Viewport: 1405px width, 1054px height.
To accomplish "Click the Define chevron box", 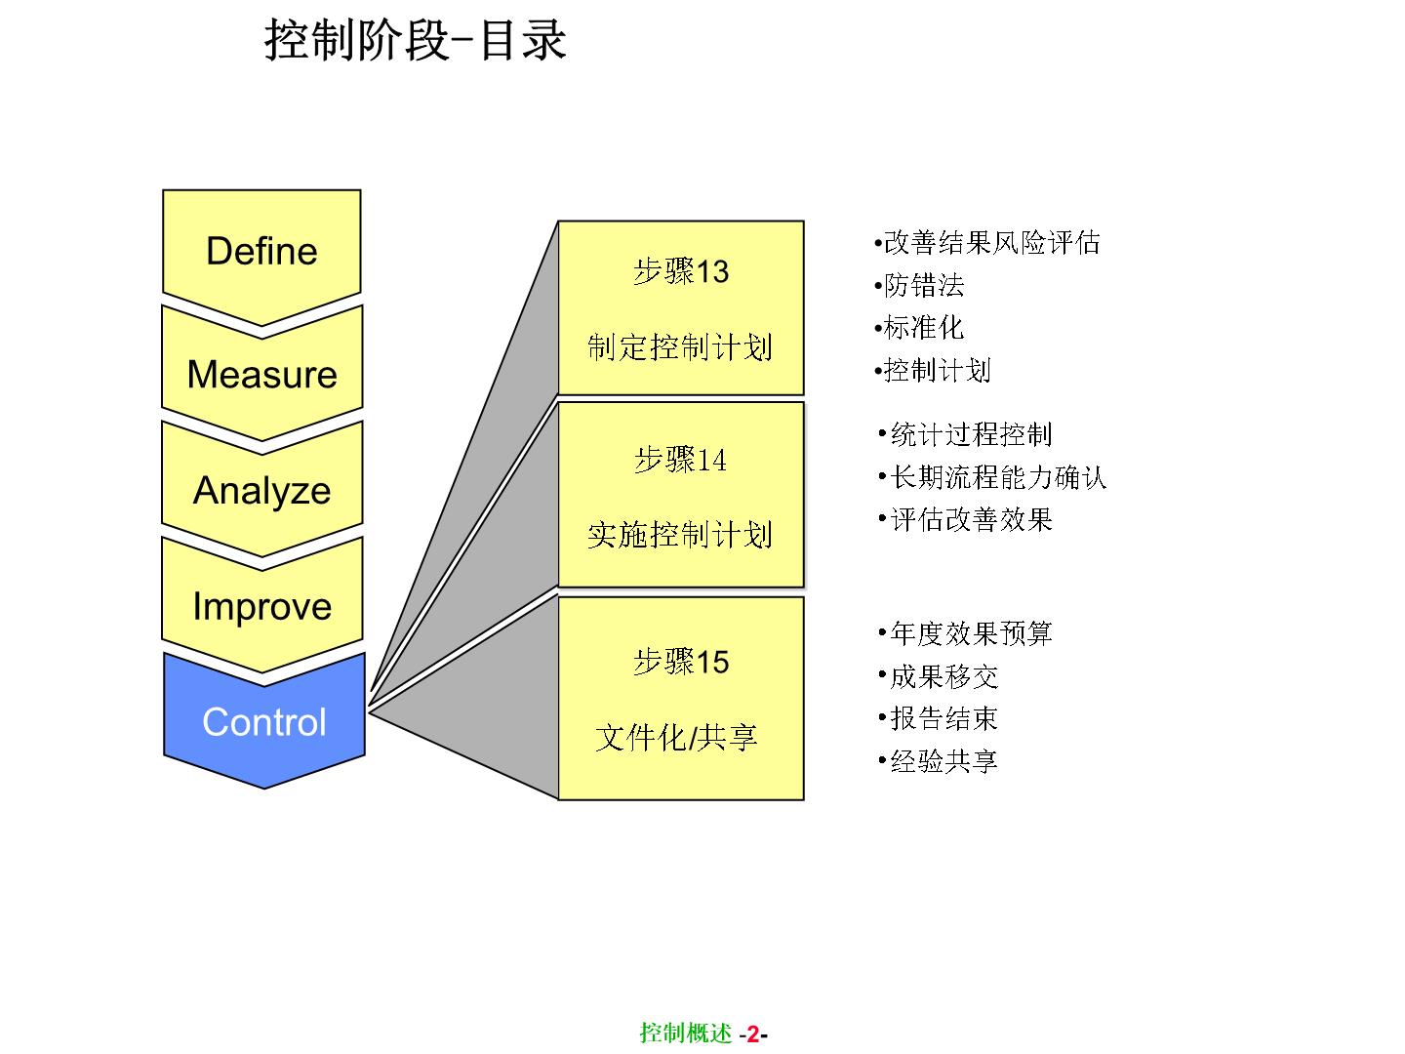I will (261, 251).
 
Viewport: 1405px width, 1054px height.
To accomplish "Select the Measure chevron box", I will (261, 374).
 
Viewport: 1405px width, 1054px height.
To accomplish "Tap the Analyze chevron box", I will (261, 490).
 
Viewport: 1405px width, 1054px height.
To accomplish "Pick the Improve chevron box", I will (261, 606).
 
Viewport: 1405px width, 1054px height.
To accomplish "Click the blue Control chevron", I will (263, 722).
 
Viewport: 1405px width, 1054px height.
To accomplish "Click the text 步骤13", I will (681, 271).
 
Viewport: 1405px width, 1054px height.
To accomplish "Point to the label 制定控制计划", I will (680, 346).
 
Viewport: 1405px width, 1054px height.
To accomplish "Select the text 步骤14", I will (681, 460).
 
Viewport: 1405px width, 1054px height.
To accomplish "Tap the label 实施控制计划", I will (680, 534).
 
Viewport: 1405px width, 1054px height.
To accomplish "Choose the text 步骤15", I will (681, 662).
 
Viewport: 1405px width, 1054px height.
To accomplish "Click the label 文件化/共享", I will (677, 737).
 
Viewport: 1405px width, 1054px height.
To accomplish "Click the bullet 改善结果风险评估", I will (991, 242).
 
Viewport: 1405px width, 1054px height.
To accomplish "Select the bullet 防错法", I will (924, 285).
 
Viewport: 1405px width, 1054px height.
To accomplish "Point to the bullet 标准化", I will (923, 328).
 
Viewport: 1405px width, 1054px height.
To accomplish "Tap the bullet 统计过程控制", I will (971, 434).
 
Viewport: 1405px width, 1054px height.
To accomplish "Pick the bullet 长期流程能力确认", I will (998, 477).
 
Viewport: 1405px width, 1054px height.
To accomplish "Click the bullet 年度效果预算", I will (971, 633).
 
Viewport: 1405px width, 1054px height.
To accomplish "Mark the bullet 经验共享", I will (943, 761).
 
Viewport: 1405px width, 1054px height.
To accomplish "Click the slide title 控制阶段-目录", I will (416, 41).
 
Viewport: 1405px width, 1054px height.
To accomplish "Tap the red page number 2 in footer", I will (752, 1034).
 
